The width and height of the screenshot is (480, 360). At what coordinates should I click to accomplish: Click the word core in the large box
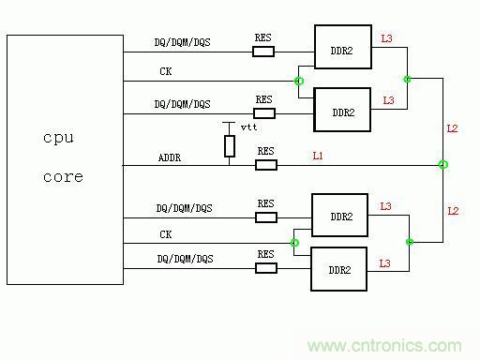[x=63, y=176]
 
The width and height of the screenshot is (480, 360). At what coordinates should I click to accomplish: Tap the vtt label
[x=248, y=126]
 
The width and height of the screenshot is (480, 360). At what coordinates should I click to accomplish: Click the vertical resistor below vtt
[x=229, y=145]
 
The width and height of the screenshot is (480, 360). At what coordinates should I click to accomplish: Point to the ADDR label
[x=171, y=157]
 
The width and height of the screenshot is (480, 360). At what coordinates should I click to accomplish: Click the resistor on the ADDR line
[x=266, y=165]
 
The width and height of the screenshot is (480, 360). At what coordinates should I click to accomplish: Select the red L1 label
[x=317, y=155]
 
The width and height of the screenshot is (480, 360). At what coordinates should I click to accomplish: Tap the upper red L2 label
[x=453, y=127]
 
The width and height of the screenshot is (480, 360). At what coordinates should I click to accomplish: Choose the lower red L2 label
[x=453, y=211]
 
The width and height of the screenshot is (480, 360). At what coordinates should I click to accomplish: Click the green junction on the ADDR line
[x=443, y=165]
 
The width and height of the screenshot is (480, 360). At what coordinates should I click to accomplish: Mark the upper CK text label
[x=166, y=70]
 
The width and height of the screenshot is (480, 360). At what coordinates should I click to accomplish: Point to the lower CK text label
[x=166, y=233]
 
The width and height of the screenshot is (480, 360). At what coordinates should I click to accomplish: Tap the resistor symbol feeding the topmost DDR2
[x=263, y=51]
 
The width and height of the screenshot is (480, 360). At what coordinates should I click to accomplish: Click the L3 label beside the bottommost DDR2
[x=384, y=264]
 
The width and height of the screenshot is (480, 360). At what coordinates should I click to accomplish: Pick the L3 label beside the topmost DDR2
[x=387, y=39]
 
